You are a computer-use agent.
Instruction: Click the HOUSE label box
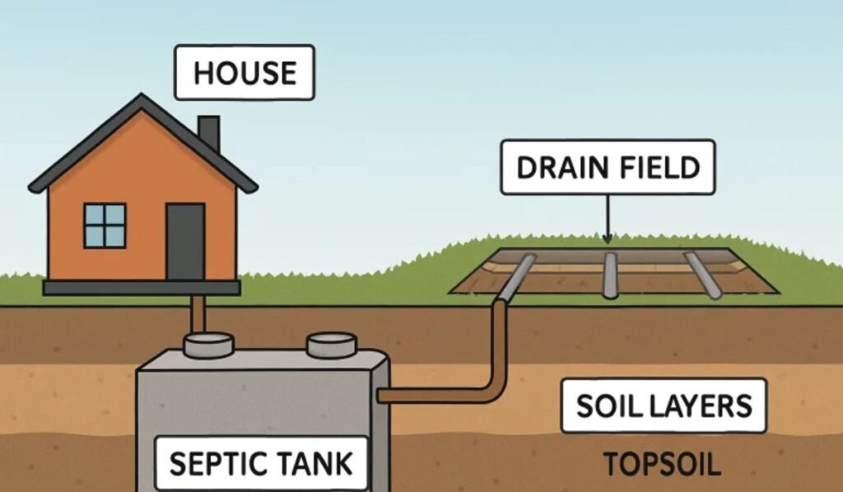[245, 73]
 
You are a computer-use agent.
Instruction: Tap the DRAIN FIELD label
[608, 167]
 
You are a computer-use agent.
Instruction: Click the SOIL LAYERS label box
[664, 405]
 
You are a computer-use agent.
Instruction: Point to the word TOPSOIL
[662, 465]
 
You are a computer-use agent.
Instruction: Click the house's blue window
[105, 225]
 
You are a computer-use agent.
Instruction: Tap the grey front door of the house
[185, 241]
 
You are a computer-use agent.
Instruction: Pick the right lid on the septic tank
[331, 344]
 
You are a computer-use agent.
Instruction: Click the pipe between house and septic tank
[198, 314]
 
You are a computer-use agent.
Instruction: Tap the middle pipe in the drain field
[609, 275]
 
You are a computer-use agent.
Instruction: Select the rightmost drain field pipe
[703, 275]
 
